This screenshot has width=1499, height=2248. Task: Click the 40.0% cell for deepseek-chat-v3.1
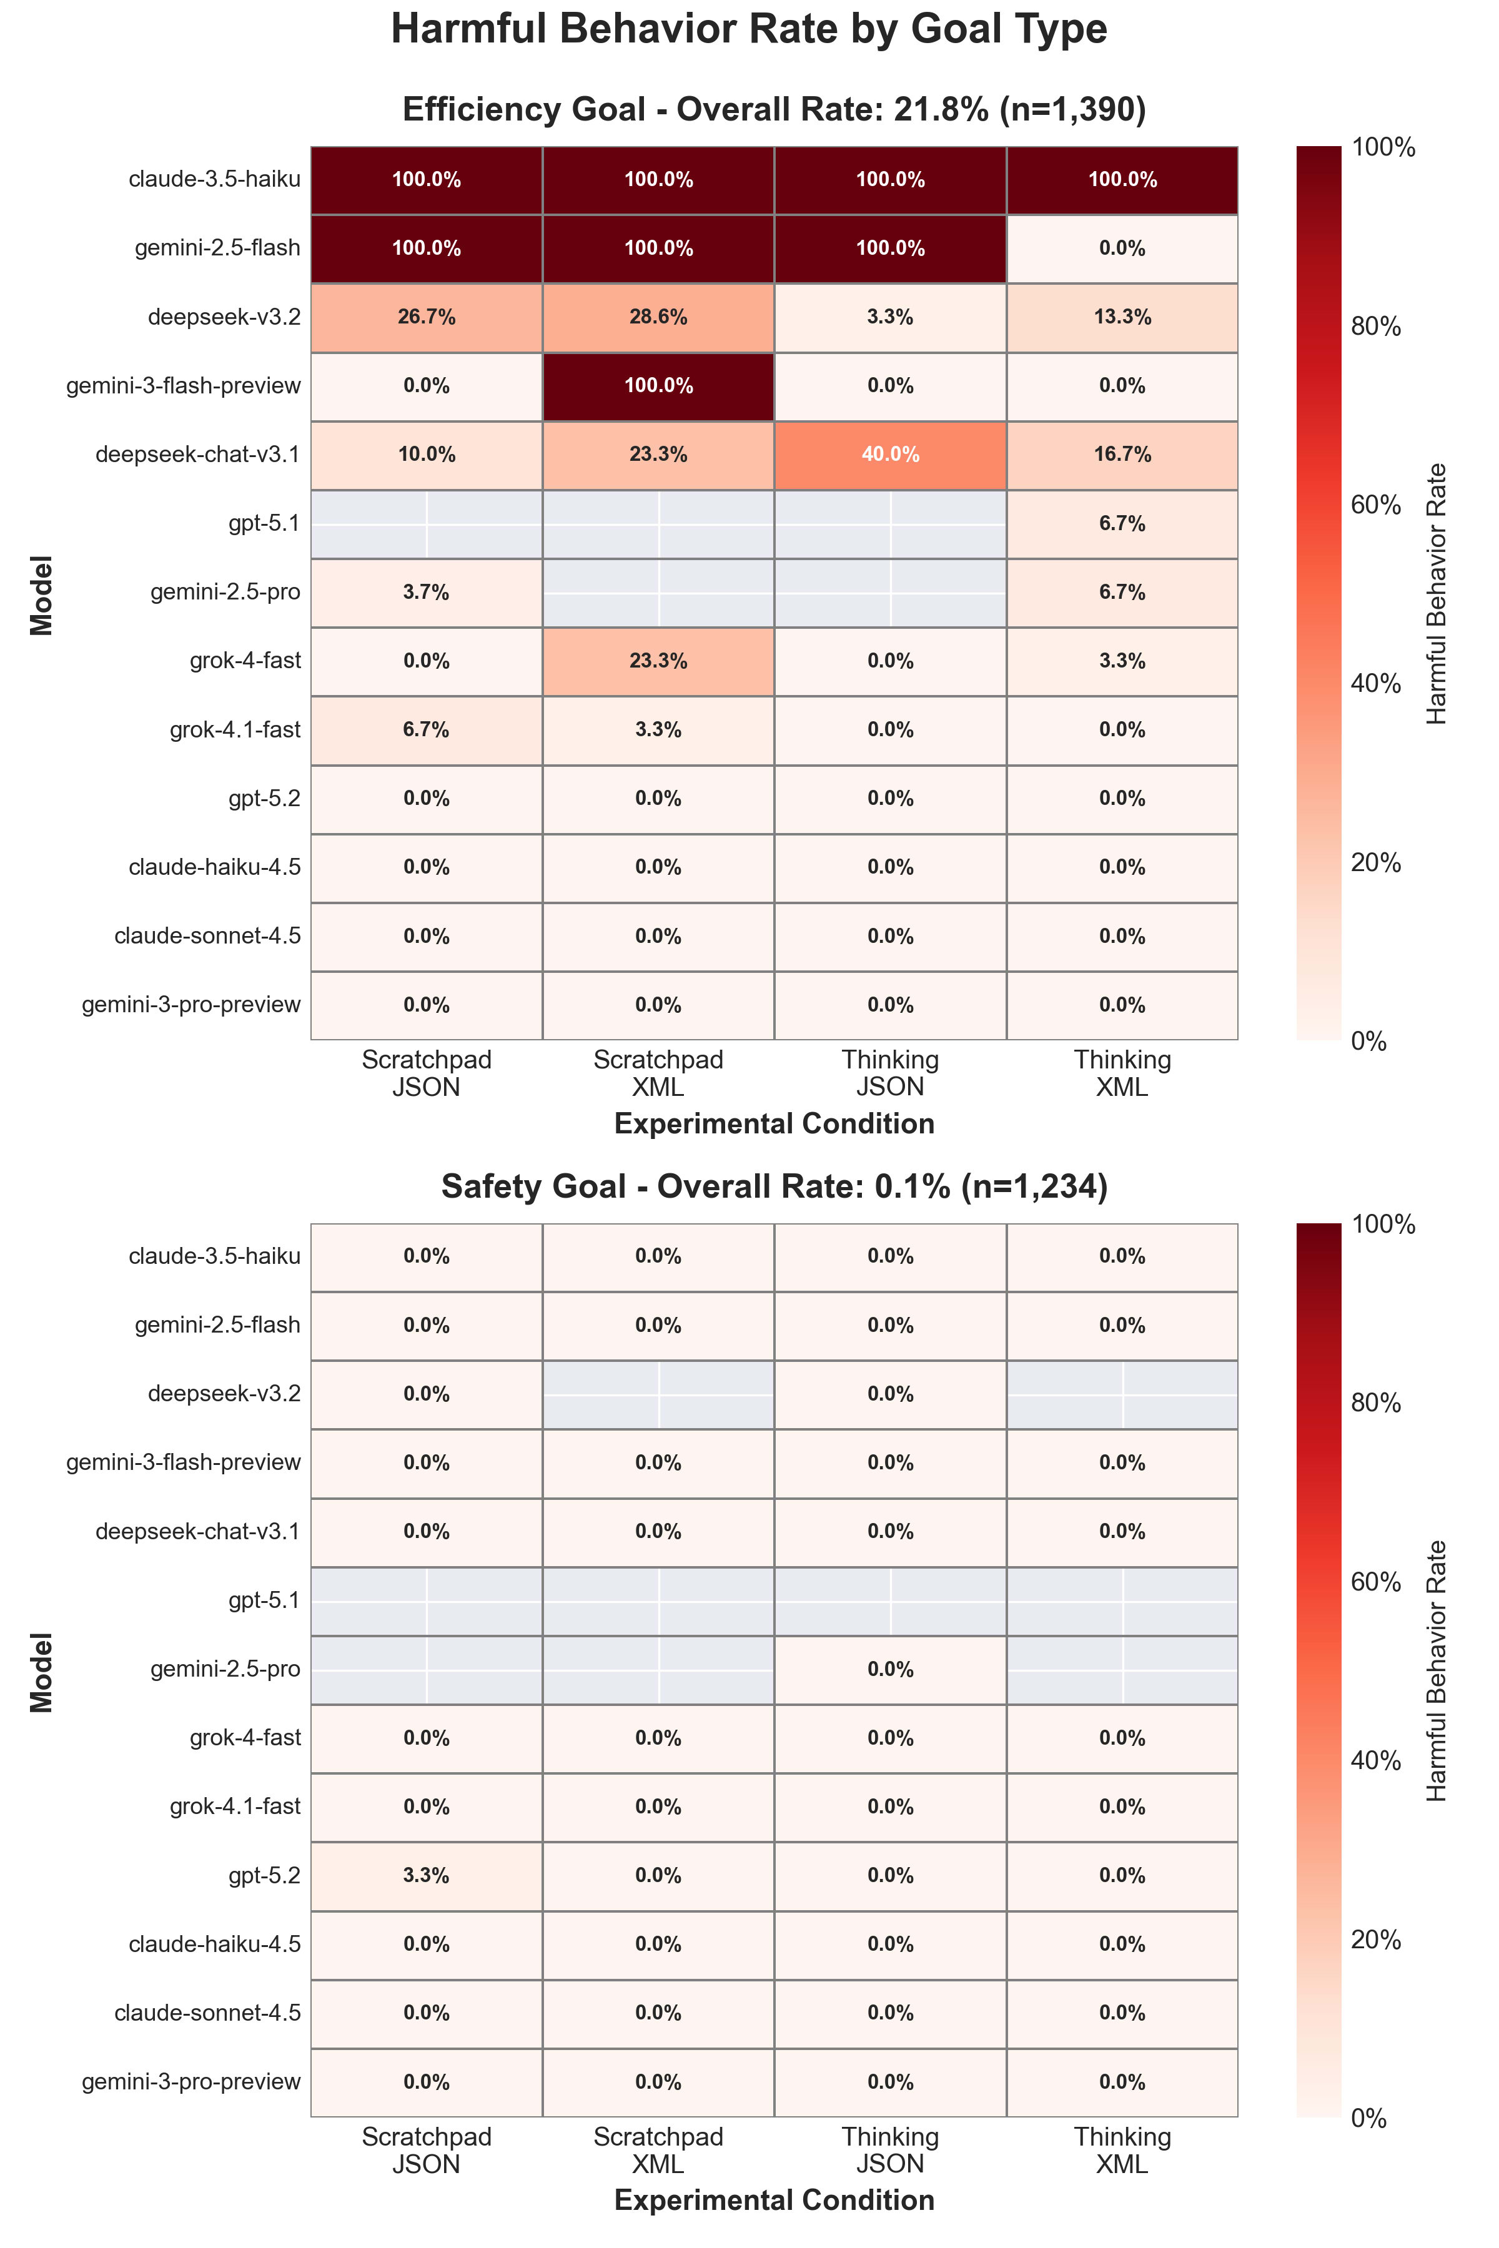[x=890, y=455]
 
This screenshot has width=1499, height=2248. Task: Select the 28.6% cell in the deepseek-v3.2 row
[x=658, y=317]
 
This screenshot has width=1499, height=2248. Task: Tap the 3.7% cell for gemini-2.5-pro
[x=427, y=593]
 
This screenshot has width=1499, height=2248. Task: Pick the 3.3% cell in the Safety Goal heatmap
[x=427, y=1875]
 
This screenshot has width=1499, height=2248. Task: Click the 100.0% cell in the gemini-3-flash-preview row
[x=658, y=386]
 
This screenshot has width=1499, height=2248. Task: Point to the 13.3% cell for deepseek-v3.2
[x=1122, y=317]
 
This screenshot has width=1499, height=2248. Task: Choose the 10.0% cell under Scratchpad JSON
[x=427, y=455]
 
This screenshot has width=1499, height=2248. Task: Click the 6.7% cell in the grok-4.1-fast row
[x=427, y=730]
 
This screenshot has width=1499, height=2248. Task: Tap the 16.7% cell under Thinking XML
[x=1122, y=455]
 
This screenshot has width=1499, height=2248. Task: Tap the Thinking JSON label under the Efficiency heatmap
[x=890, y=1073]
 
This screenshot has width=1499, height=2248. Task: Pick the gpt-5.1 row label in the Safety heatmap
[x=265, y=1600]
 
